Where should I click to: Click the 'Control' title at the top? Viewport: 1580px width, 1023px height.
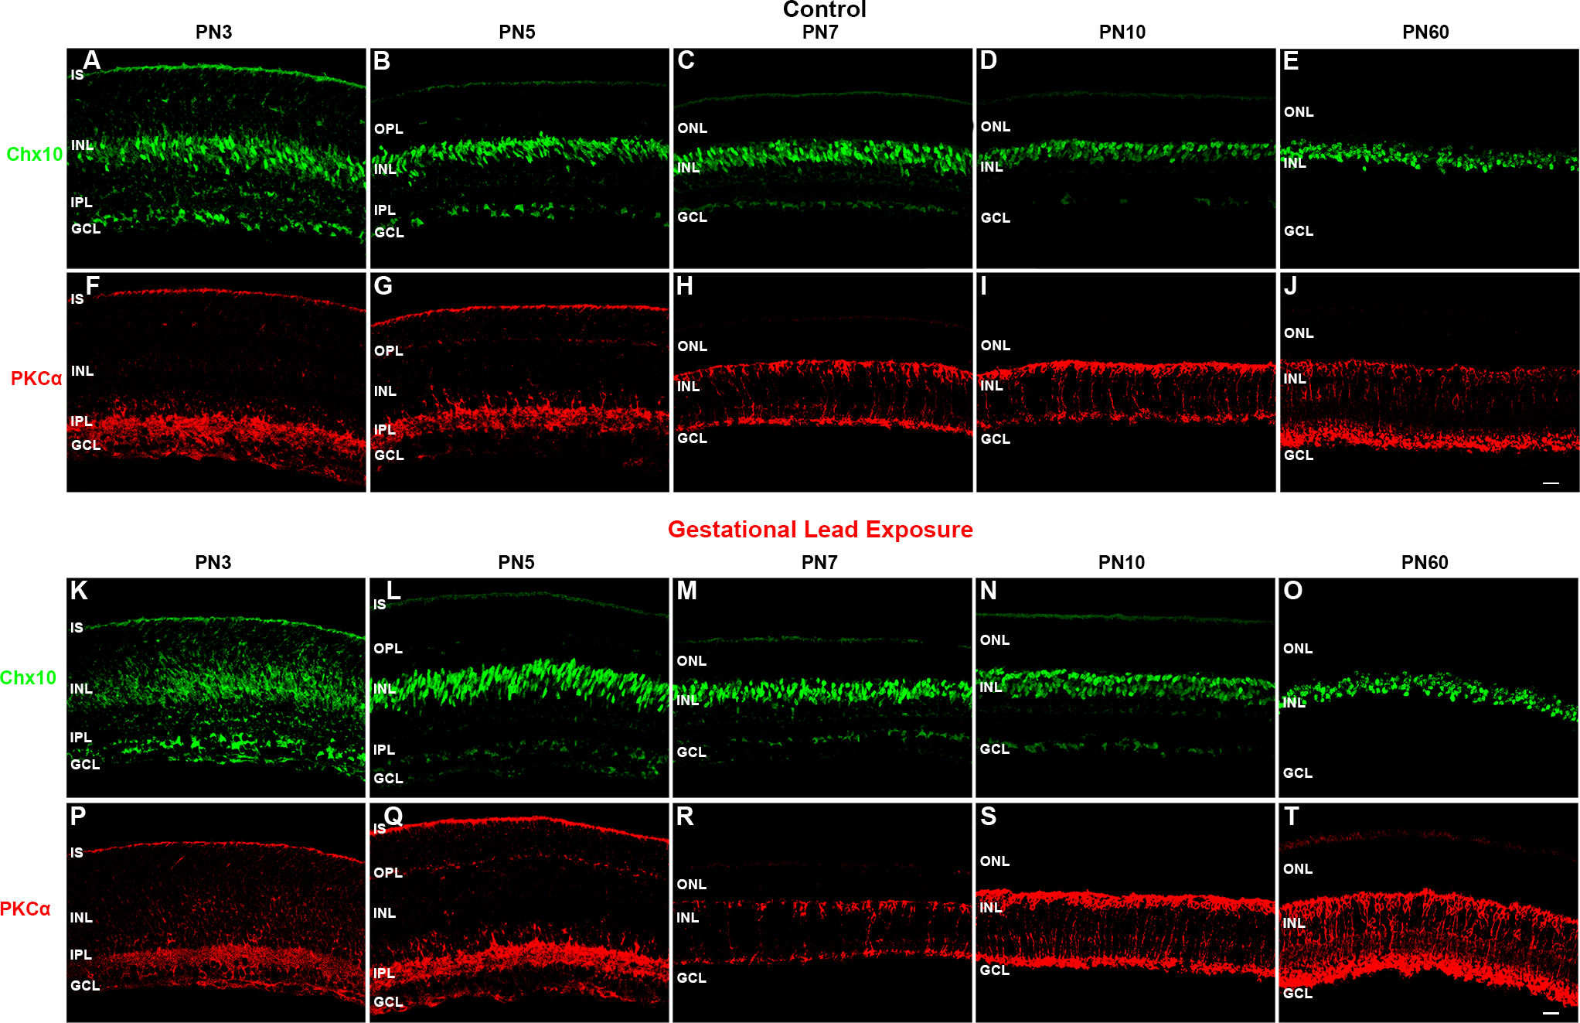pos(824,9)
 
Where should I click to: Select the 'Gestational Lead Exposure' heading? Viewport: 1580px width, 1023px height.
pos(820,530)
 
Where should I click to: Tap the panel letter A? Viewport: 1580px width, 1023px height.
pos(92,60)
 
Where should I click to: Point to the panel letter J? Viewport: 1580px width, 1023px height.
pos(1290,286)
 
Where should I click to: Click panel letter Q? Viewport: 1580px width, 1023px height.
pos(393,815)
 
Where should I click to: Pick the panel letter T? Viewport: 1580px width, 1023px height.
pos(1291,817)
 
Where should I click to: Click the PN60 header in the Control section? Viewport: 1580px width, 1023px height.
pos(1425,32)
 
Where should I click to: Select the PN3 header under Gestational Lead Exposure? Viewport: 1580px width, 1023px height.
pos(213,563)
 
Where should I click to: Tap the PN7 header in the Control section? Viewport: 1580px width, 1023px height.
pos(820,32)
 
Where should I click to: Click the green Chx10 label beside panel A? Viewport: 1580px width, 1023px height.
pos(35,155)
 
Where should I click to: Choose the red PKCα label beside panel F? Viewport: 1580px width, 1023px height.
pos(36,379)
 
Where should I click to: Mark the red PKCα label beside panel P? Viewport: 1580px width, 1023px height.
pos(26,909)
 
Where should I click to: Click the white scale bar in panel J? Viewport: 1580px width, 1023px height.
pos(1551,483)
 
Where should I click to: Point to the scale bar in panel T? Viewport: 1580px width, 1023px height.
pos(1551,1013)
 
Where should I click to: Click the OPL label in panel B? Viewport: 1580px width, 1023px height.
pos(389,129)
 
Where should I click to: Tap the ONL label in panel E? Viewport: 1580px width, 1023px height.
pos(1299,112)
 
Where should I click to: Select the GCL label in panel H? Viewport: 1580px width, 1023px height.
pos(692,438)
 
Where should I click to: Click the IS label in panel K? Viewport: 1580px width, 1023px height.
pos(77,628)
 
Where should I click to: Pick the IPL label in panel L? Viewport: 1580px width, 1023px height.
pos(384,750)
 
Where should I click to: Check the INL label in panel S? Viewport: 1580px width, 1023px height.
pos(991,908)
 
